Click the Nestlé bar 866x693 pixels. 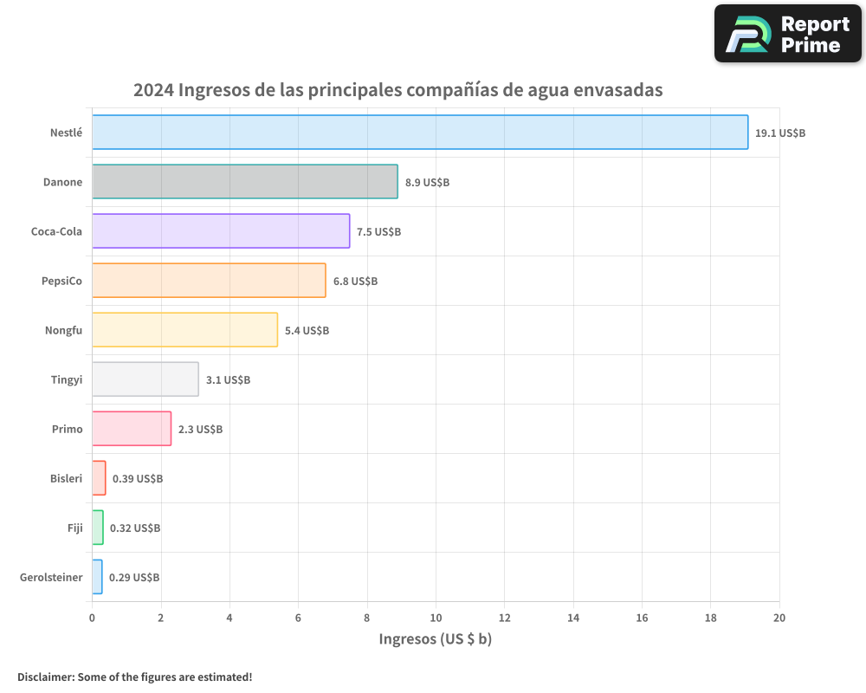tap(420, 133)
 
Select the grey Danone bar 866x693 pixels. tap(245, 182)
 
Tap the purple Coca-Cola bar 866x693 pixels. tap(221, 231)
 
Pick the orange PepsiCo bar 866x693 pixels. tap(209, 281)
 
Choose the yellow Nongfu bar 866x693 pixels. tap(184, 330)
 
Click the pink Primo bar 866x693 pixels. tap(132, 429)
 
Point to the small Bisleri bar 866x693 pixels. tap(99, 478)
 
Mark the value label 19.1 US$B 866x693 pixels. tap(780, 133)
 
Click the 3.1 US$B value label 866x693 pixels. tap(228, 380)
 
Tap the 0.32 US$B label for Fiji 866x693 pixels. tap(135, 528)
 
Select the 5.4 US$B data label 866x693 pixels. tap(307, 331)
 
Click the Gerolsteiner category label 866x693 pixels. tap(51, 577)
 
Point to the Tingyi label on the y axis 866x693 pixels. tap(67, 379)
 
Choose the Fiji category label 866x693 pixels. tap(74, 528)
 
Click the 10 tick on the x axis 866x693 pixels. tap(436, 618)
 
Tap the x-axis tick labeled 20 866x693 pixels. tap(779, 618)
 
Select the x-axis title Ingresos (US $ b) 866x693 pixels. tap(436, 639)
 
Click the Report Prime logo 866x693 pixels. tap(787, 34)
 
